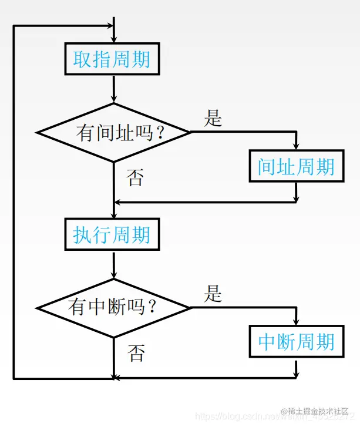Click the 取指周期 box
[112, 59]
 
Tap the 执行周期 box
[112, 235]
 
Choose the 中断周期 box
[296, 342]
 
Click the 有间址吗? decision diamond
[113, 132]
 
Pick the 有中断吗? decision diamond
[113, 307]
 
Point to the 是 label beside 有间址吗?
[213, 118]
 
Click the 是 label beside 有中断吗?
[213, 293]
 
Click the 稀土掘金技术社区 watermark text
[319, 411]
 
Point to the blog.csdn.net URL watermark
[235, 416]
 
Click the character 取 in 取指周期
[82, 59]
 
